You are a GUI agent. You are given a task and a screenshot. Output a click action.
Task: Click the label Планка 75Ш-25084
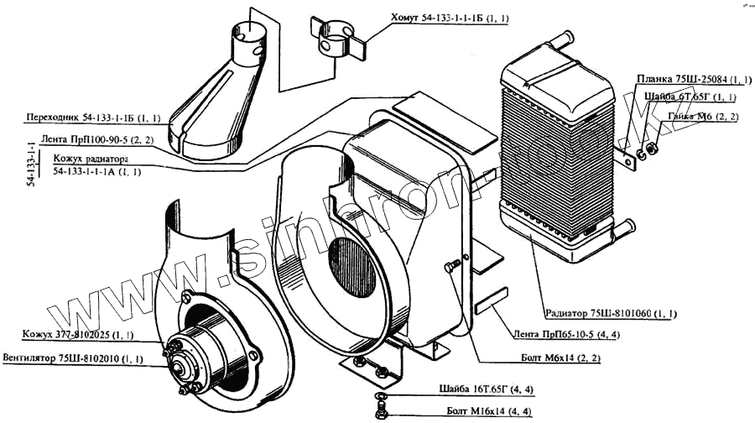pos(692,80)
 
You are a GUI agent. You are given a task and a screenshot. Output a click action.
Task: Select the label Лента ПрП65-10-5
pos(560,334)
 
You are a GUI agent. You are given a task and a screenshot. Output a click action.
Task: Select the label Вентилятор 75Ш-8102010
pos(72,358)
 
